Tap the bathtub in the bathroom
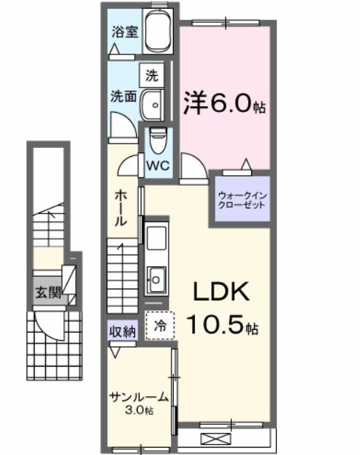pyautogui.click(x=158, y=33)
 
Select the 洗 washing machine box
pyautogui.click(x=152, y=74)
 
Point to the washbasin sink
pyautogui.click(x=153, y=105)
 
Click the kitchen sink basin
pyautogui.click(x=157, y=279)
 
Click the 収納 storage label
pyautogui.click(x=123, y=331)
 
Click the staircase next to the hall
pyautogui.click(x=123, y=277)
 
